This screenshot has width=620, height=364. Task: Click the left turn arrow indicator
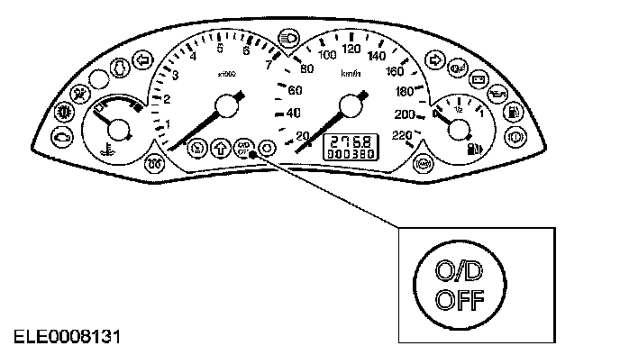pos(140,60)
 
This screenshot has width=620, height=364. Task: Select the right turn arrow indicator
pos(434,60)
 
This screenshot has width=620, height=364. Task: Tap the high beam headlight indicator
pos(290,40)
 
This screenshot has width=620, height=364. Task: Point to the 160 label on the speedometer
pos(395,71)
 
